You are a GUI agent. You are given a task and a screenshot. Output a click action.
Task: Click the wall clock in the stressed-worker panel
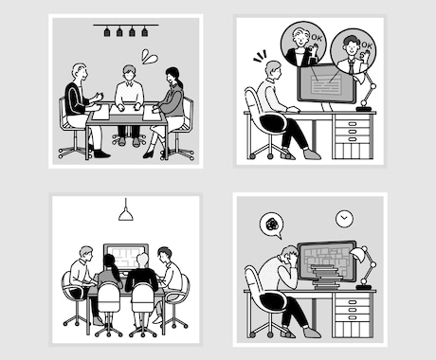[344, 219]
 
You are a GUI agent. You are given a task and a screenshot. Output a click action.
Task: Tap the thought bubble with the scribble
[272, 225]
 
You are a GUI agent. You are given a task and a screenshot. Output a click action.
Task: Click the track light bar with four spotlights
[126, 30]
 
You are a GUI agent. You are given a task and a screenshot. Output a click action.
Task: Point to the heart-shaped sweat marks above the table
[149, 57]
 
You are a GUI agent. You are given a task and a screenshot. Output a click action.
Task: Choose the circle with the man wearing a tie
[354, 51]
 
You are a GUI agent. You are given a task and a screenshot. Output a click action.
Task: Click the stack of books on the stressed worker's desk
[327, 277]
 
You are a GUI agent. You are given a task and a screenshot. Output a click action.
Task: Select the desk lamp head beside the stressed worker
[358, 254]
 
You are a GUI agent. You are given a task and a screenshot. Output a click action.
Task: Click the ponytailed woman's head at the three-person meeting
[173, 77]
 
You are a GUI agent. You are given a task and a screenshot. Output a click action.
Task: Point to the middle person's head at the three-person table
[129, 73]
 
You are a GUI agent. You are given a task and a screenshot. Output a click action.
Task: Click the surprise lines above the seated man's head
[260, 56]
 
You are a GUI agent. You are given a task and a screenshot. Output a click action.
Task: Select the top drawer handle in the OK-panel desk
[353, 124]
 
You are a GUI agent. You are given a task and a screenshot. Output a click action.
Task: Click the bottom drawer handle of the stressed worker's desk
[353, 317]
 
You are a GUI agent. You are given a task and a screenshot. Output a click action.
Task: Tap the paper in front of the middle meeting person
[126, 110]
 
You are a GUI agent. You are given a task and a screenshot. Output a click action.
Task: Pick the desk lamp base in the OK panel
[364, 109]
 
